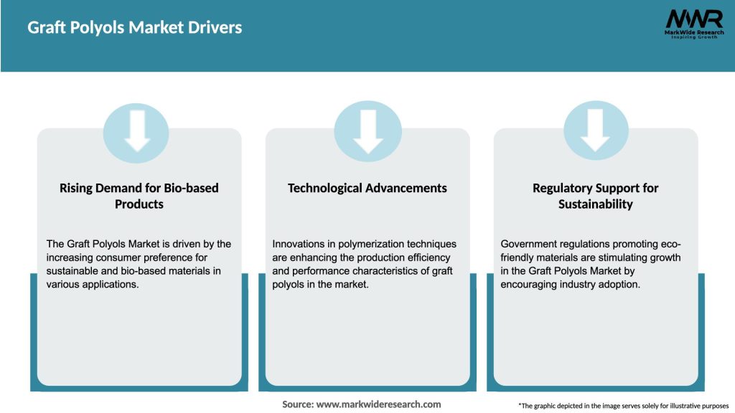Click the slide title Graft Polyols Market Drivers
pos(135,28)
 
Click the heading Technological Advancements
pos(367,188)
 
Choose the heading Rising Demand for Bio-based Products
pos(139,196)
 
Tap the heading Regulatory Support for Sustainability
pos(595,196)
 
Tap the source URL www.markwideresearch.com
pos(379,404)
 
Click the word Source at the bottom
pos(297,404)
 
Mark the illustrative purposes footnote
pos(623,406)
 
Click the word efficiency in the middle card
pos(428,257)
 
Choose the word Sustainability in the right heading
pos(595,204)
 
